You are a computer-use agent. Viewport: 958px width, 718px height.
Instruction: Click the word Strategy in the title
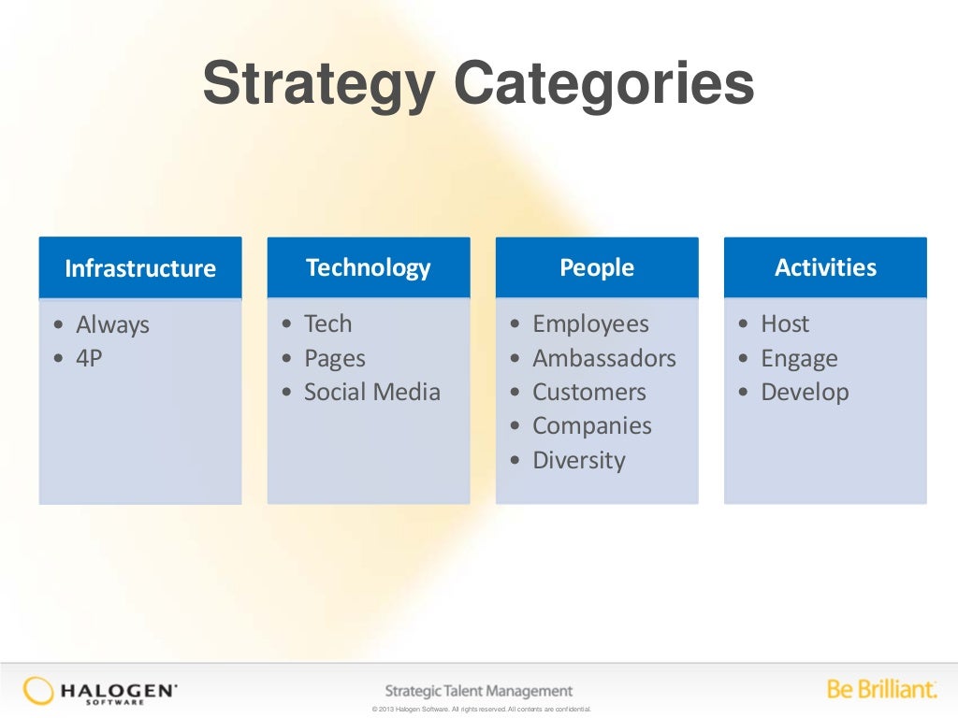[318, 85]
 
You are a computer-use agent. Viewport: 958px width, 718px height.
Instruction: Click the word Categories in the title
[604, 85]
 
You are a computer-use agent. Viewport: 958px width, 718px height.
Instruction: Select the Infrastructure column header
[140, 269]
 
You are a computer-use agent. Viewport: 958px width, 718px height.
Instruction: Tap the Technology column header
[369, 268]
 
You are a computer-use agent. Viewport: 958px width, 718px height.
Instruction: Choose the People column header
[597, 268]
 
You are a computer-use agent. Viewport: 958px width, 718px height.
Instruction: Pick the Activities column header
[825, 268]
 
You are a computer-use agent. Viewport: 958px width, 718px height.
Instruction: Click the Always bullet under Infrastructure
[112, 325]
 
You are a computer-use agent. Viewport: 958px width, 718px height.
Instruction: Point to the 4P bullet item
[89, 359]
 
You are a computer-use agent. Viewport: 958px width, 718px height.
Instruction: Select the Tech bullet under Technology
[327, 324]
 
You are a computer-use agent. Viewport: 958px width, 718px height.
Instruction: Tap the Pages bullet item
[334, 359]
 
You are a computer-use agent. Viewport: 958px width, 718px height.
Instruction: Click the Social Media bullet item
[371, 393]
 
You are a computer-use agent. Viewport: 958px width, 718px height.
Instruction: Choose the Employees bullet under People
[590, 324]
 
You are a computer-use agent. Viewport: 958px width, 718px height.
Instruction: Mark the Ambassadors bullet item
[603, 359]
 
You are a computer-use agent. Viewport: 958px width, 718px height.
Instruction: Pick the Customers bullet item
[589, 393]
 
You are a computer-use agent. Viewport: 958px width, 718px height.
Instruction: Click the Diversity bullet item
[578, 461]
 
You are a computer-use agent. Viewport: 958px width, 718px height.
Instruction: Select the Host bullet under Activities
[785, 324]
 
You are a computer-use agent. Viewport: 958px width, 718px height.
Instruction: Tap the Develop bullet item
[805, 393]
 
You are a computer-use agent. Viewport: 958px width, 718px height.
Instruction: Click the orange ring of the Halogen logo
[38, 691]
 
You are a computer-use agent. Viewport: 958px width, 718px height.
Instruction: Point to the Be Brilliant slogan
[881, 690]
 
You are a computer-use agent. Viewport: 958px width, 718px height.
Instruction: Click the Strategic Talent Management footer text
[479, 691]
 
